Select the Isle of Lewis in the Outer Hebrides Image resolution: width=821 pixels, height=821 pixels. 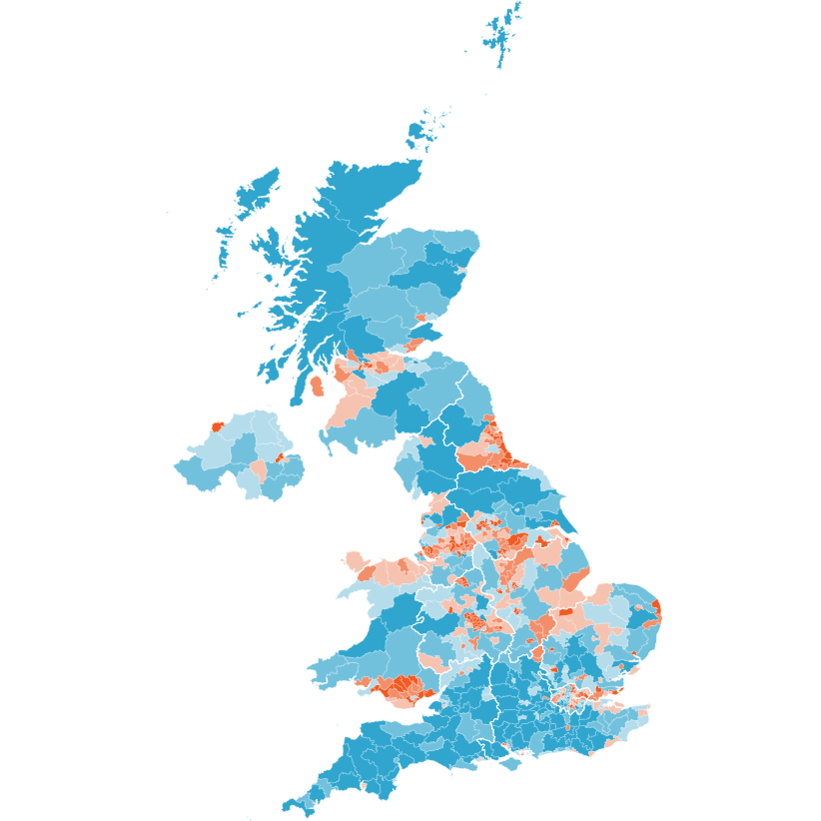[255, 190]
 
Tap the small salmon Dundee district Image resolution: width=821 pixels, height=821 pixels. [420, 319]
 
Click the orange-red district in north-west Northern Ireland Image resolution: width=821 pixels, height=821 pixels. [217, 426]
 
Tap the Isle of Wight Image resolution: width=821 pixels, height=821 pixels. [510, 764]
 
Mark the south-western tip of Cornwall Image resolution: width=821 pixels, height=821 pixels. [289, 807]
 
